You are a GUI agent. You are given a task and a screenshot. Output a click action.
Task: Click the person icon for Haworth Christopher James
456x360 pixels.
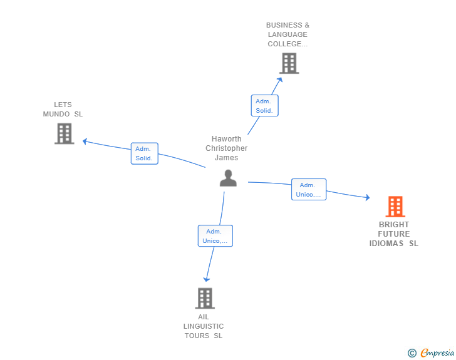(x=228, y=178)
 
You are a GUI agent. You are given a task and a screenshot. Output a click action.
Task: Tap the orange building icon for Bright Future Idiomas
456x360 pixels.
(x=395, y=207)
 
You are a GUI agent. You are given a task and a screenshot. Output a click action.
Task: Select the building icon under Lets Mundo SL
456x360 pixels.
(x=64, y=133)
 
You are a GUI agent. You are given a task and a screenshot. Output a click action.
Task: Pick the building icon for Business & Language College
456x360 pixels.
(x=289, y=63)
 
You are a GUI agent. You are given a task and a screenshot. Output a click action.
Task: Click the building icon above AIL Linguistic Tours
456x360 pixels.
(x=204, y=298)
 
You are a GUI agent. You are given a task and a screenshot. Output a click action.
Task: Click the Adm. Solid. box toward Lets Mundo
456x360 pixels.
(x=145, y=153)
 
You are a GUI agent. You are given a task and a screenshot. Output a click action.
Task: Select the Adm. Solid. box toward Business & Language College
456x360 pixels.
(x=264, y=106)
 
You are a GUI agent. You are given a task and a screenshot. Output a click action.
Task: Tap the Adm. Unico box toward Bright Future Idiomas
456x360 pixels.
(x=308, y=190)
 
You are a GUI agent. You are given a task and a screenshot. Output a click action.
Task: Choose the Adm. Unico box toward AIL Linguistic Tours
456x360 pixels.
(x=215, y=236)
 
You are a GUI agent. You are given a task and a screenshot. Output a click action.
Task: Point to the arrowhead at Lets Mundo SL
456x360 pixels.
(x=85, y=141)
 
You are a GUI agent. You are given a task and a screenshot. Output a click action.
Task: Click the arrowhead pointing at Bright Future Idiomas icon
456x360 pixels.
(x=367, y=198)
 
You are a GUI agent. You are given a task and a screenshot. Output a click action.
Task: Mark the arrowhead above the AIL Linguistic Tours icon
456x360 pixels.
(x=207, y=279)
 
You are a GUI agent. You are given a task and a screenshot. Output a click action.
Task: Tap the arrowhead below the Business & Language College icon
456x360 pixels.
(x=280, y=79)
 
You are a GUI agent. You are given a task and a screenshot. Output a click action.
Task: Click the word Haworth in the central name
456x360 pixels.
(x=226, y=139)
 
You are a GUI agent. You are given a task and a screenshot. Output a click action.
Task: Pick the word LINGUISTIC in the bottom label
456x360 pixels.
(x=204, y=326)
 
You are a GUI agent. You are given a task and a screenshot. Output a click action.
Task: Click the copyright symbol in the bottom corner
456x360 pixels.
(x=412, y=353)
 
